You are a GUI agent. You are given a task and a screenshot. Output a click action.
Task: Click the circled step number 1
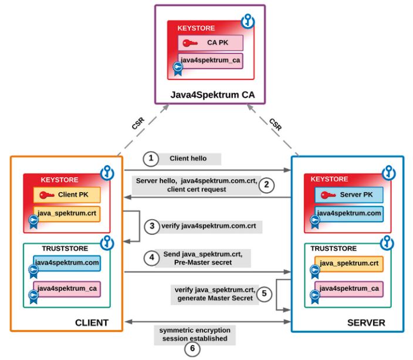151,159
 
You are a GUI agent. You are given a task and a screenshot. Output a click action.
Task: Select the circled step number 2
266,185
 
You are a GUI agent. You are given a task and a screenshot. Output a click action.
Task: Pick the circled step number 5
265,294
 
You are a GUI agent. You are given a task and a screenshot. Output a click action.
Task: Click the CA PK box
211,43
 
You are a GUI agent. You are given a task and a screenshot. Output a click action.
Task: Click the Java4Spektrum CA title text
209,94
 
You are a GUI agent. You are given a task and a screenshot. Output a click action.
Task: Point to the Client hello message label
188,159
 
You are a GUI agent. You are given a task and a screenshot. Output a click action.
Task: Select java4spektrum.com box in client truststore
66,263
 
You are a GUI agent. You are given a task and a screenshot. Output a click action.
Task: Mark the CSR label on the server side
275,124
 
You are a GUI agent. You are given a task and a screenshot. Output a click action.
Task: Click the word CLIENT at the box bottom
92,322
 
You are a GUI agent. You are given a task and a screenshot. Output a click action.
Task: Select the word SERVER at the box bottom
365,322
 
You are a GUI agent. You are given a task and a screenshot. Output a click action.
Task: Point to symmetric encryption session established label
195,334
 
